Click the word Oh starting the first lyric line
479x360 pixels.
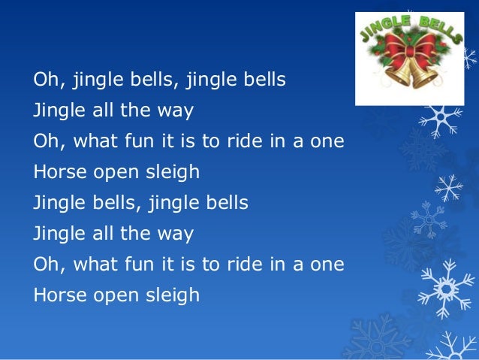44,80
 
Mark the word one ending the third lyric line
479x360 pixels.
327,141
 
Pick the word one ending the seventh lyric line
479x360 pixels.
327,265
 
